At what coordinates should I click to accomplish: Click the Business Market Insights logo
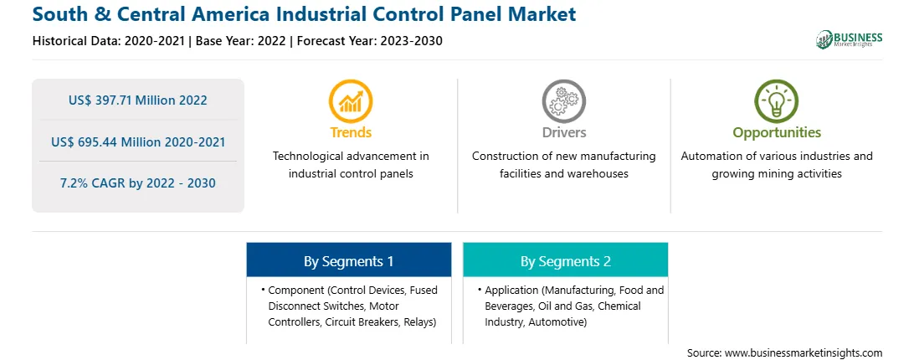pyautogui.click(x=849, y=39)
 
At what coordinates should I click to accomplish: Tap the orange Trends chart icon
pyautogui.click(x=351, y=101)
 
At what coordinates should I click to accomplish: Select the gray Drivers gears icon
pyautogui.click(x=563, y=101)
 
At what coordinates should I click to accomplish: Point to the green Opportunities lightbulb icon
pyautogui.click(x=777, y=101)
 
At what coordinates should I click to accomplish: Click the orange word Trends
pyautogui.click(x=351, y=132)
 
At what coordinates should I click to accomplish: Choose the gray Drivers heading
pyautogui.click(x=563, y=132)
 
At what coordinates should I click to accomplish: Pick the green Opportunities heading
pyautogui.click(x=777, y=133)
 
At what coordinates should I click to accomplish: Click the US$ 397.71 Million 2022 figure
pyautogui.click(x=137, y=100)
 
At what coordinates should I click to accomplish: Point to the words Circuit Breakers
pyautogui.click(x=362, y=322)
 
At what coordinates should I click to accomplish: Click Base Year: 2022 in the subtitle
pyautogui.click(x=240, y=41)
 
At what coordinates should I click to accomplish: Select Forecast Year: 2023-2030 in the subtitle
pyautogui.click(x=370, y=41)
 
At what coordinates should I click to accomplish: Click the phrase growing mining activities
pyautogui.click(x=777, y=174)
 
